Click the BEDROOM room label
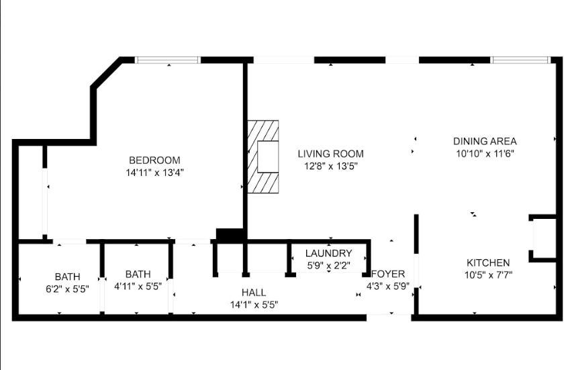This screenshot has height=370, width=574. (x=154, y=160)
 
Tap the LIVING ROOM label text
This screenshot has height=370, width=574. (x=330, y=154)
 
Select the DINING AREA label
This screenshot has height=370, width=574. (x=485, y=141)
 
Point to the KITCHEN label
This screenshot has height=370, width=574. (x=488, y=263)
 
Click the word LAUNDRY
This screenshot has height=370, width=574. (x=328, y=253)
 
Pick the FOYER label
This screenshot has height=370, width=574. (x=388, y=274)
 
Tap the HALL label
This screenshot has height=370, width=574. (x=254, y=292)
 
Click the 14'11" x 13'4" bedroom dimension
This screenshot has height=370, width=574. (x=154, y=173)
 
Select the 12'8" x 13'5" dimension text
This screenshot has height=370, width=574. (x=330, y=166)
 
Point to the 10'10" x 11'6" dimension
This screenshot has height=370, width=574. (x=485, y=154)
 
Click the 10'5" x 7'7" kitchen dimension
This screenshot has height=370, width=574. (x=488, y=275)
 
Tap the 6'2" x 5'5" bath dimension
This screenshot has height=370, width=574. (x=67, y=289)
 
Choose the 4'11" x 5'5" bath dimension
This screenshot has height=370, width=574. (x=138, y=286)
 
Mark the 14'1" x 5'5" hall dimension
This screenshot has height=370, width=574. (x=254, y=304)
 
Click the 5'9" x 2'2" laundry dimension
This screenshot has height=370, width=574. (x=329, y=265)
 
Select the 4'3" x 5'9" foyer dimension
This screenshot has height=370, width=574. (x=388, y=286)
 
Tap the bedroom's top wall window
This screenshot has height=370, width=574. (x=168, y=60)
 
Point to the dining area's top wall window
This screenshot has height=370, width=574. (x=520, y=60)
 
